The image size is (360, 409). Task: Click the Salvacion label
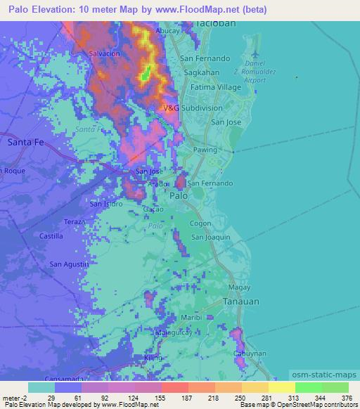pos(105,53)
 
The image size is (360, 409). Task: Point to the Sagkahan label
pos(200,72)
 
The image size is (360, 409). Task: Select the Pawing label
pos(205,150)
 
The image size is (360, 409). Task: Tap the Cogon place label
pos(200,223)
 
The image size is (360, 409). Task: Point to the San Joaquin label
pos(212,238)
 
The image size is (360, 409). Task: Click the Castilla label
pos(51,237)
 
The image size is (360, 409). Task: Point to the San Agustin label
pos(69,264)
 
